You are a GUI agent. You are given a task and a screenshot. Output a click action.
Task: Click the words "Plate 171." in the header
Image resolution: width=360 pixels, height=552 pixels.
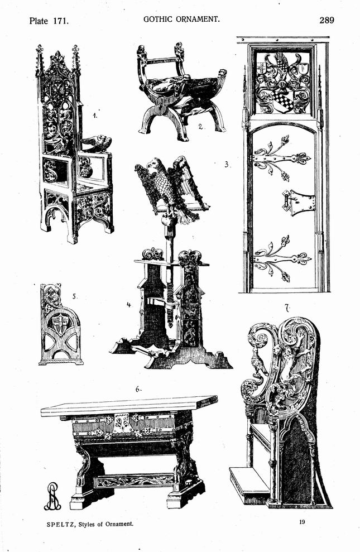pos(49,21)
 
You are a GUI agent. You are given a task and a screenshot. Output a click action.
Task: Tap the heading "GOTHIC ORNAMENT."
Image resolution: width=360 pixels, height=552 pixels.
pos(181,19)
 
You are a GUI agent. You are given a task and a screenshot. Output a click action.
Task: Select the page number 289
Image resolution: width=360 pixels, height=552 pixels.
pos(327,20)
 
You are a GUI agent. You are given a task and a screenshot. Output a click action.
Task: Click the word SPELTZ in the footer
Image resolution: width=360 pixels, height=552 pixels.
pos(60,524)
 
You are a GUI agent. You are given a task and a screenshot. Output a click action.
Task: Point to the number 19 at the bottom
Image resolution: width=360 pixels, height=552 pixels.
pos(302,522)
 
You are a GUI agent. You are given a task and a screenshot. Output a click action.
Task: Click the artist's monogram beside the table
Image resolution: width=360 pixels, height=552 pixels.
pos(52,496)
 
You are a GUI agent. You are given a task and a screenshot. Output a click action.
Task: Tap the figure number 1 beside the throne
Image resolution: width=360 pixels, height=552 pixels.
pos(94,115)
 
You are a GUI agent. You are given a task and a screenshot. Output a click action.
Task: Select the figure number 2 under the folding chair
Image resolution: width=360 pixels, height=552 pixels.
pos(200,127)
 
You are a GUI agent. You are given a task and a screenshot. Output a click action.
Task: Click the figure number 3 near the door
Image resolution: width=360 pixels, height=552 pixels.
pos(227,164)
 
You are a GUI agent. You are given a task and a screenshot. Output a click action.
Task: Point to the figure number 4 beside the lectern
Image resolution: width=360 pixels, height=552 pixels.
pos(129,305)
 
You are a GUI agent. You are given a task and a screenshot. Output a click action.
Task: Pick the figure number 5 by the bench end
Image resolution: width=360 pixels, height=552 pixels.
pos(74,296)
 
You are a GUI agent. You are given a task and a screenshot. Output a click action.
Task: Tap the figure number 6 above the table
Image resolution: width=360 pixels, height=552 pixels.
pos(138,389)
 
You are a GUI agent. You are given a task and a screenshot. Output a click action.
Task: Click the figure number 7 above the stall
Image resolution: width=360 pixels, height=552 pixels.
pos(287,309)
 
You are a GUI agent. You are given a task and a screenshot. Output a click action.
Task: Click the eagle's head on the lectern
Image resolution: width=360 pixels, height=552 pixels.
pos(154,164)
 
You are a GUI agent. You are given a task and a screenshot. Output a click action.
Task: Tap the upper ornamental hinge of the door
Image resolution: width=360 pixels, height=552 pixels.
pos(281,157)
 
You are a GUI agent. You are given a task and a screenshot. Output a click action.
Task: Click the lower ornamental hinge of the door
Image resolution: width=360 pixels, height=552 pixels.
pos(281,258)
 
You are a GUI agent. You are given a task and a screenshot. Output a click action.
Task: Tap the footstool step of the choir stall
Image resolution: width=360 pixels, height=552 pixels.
pos(249,482)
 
